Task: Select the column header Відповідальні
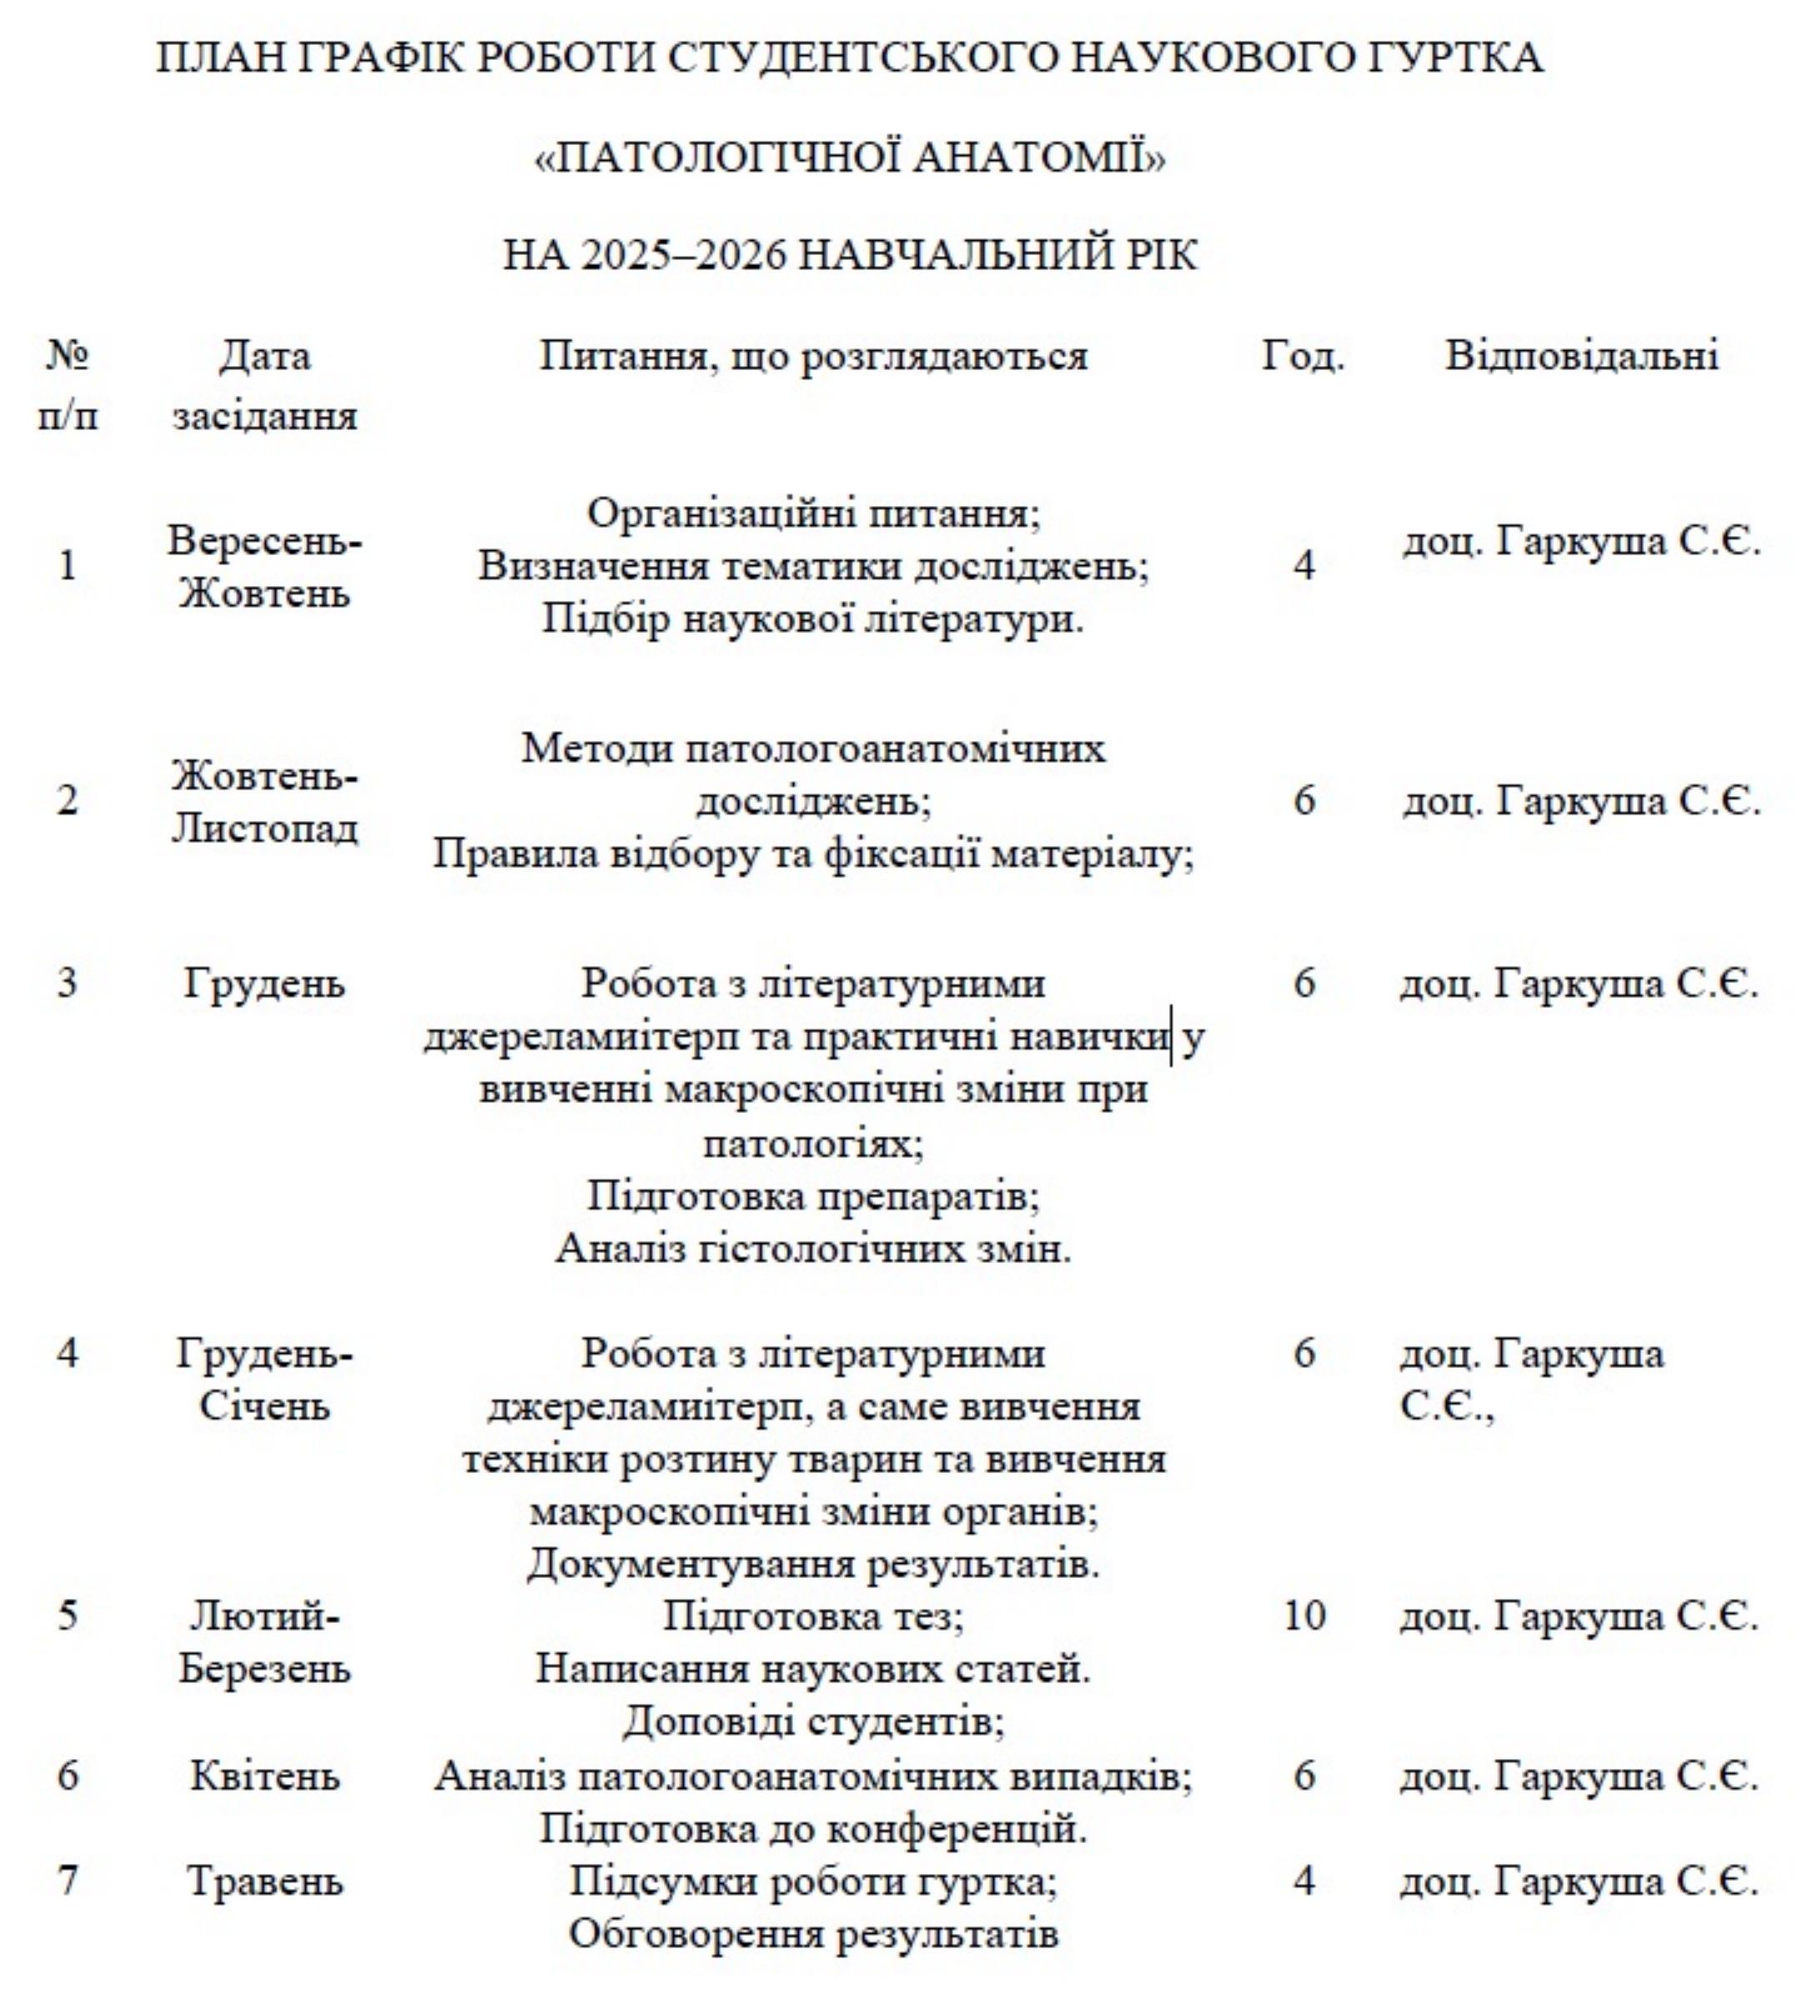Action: pos(1582,356)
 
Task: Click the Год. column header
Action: pos(1303,356)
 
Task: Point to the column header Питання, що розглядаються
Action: pos(813,356)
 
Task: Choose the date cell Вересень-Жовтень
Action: pos(264,567)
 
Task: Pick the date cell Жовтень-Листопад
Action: pos(264,801)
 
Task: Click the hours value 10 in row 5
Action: pos(1304,1616)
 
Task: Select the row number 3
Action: pos(68,983)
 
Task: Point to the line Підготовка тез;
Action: pos(813,1616)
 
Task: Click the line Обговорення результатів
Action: pos(813,1933)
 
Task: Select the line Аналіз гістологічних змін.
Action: pos(813,1250)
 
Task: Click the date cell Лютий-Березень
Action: pos(264,1642)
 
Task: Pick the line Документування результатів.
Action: pos(813,1565)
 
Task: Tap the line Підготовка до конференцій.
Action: pos(813,1829)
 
